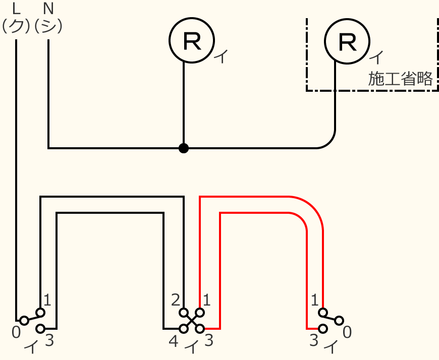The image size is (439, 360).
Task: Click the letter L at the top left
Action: [16, 9]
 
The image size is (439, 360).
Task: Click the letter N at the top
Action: [48, 9]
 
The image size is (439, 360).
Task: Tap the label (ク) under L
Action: [16, 26]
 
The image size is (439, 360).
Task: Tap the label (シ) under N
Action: [48, 26]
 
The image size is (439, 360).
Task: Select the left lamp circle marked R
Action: [191, 40]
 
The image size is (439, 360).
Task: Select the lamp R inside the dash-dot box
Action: [347, 40]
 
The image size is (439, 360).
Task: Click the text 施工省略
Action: [400, 79]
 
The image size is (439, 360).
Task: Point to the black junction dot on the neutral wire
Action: [184, 148]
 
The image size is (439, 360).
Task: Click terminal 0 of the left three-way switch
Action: [24, 321]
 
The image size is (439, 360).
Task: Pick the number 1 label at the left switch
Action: [47, 301]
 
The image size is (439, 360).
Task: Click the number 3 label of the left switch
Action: [49, 341]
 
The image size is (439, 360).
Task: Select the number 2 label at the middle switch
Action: [175, 301]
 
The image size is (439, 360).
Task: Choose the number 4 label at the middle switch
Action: [174, 342]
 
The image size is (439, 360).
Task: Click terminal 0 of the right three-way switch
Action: [340, 320]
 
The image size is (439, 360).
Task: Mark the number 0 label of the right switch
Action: [347, 332]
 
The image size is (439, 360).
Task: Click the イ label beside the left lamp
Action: [221, 56]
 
